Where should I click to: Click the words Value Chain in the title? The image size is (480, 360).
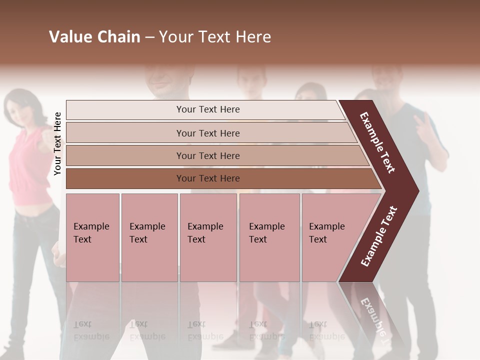(94, 37)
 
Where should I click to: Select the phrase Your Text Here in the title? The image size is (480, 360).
(215, 37)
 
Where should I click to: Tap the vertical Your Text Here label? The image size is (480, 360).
(57, 143)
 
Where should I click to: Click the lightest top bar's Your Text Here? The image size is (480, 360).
(208, 109)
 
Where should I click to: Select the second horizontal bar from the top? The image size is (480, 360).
(208, 133)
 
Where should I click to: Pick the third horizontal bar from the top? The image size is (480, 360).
(208, 155)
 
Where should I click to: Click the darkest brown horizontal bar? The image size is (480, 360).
(208, 178)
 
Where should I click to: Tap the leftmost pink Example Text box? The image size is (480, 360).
(92, 237)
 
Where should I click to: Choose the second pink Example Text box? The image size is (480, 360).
(149, 237)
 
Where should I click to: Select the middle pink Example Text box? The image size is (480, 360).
(208, 237)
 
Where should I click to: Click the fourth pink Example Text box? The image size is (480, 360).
(269, 237)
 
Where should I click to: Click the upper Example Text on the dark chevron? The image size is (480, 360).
(377, 142)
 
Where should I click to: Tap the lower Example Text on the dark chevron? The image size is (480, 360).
(379, 236)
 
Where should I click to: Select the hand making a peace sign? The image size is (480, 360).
(425, 125)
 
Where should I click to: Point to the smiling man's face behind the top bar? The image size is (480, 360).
(167, 80)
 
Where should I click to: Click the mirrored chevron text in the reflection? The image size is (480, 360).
(374, 315)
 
